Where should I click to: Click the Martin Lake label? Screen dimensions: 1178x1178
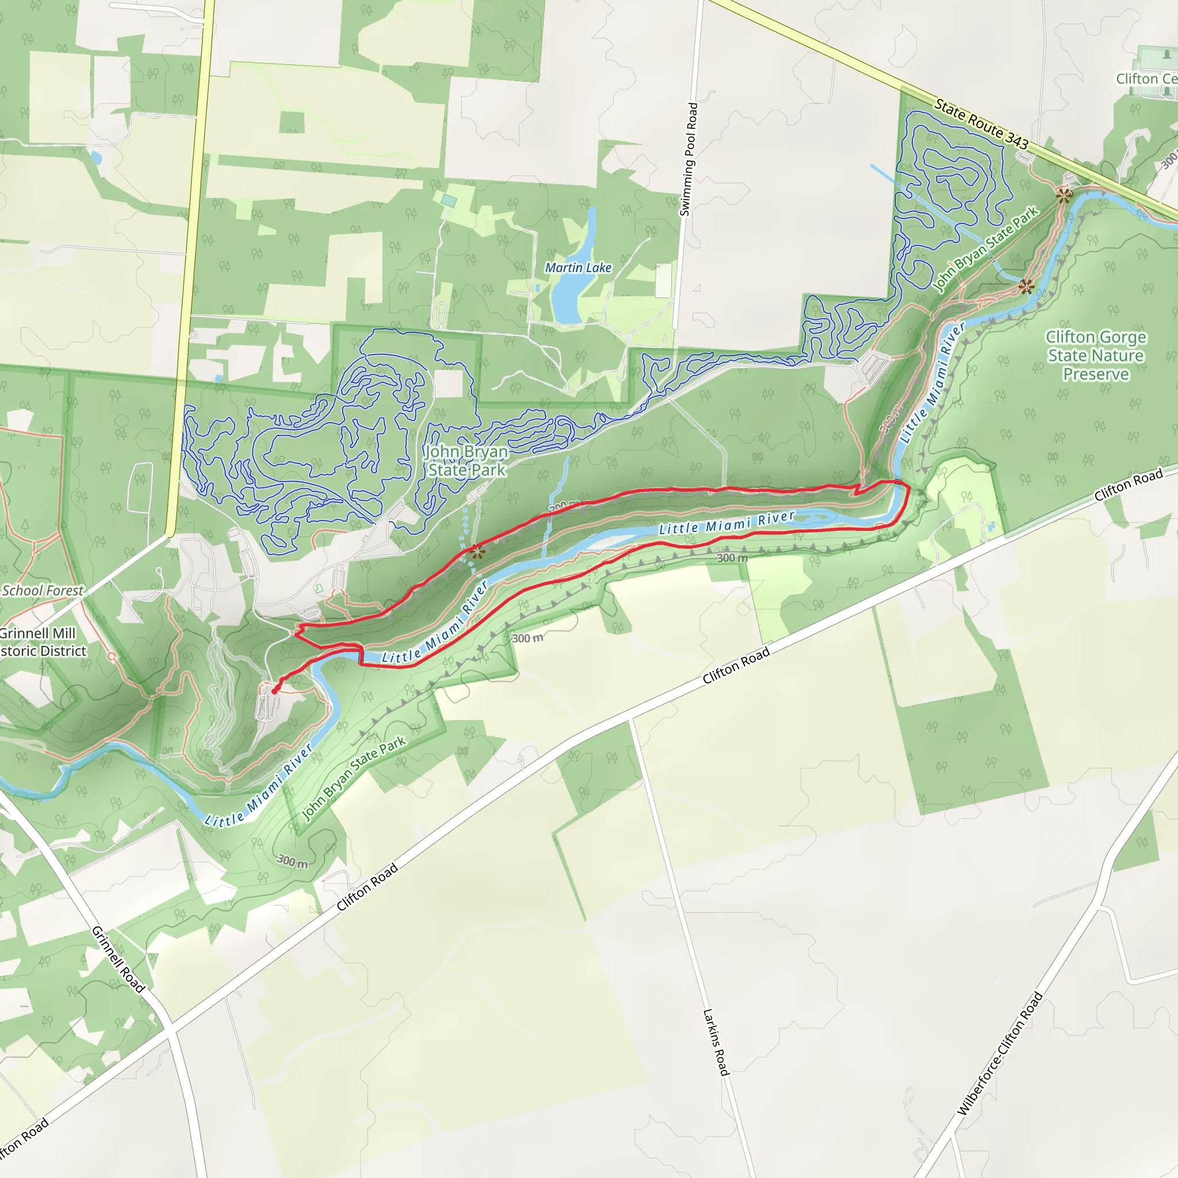click(578, 267)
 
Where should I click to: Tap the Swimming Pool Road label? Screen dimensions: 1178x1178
click(689, 159)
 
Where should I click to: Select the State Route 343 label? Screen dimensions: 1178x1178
click(981, 124)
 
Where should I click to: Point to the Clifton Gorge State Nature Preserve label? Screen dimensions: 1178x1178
click(1096, 355)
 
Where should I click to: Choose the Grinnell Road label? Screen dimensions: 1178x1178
click(118, 959)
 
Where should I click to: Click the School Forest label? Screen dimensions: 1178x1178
click(43, 590)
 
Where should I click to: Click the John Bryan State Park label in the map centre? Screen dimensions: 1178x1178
click(466, 460)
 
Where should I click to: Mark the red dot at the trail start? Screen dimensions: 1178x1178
click(274, 691)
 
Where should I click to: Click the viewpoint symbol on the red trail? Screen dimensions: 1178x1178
click(476, 553)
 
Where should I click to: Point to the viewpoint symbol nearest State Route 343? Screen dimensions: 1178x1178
click(1064, 196)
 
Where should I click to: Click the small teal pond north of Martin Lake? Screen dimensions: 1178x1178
click(449, 201)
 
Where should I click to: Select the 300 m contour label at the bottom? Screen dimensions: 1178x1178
click(292, 862)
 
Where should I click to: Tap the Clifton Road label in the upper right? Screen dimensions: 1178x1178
click(1128, 485)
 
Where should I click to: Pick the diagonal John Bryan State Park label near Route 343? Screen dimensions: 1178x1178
click(985, 250)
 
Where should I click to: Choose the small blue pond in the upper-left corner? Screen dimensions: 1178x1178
click(95, 158)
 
